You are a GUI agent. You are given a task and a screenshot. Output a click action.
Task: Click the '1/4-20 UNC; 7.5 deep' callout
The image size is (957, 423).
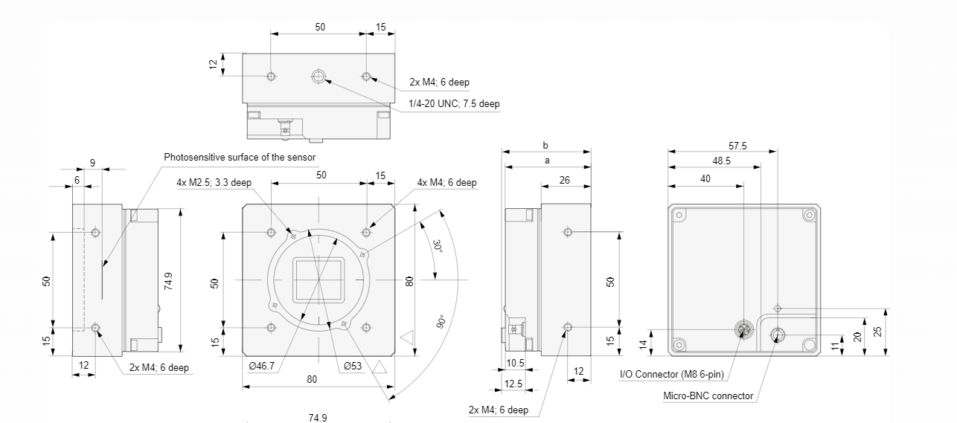tap(454, 103)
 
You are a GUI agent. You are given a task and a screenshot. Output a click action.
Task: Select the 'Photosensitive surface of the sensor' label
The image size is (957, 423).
tap(240, 157)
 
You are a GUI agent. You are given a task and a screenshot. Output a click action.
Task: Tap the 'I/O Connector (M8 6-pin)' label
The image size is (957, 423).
tap(671, 374)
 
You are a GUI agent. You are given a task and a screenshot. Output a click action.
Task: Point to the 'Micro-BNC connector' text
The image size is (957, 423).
tap(708, 395)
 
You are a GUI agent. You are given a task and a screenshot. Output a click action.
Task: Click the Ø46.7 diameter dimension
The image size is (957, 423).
tap(261, 366)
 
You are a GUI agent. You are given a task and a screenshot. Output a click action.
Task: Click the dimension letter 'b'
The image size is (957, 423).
tap(546, 146)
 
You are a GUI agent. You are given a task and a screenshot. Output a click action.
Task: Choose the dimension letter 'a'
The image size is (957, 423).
tap(546, 161)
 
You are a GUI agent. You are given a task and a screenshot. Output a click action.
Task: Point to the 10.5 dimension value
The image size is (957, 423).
tap(515, 364)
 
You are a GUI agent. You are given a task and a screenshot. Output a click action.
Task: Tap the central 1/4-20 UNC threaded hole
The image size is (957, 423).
tap(319, 77)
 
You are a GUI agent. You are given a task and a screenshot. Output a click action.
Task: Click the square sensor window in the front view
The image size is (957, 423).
tap(319, 280)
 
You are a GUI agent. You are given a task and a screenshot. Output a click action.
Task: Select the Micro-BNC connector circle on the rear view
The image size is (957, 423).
tap(778, 335)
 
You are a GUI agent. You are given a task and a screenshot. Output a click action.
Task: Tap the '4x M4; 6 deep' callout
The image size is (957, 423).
tap(447, 182)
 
